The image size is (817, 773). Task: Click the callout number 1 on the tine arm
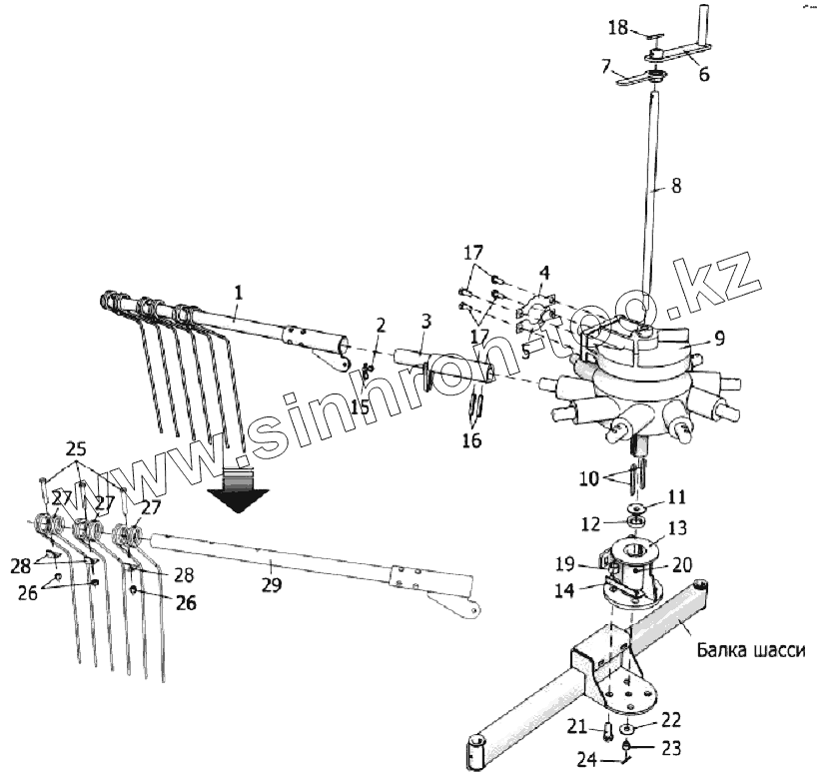coord(238,291)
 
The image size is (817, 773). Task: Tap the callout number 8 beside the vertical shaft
coord(676,185)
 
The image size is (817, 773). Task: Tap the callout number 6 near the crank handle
coord(704,74)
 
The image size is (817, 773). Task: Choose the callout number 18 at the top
coord(618,27)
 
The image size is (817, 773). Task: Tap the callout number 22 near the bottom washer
coord(669,719)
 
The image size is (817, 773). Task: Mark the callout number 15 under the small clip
coord(360,406)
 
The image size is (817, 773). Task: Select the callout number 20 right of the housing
coord(682,564)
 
